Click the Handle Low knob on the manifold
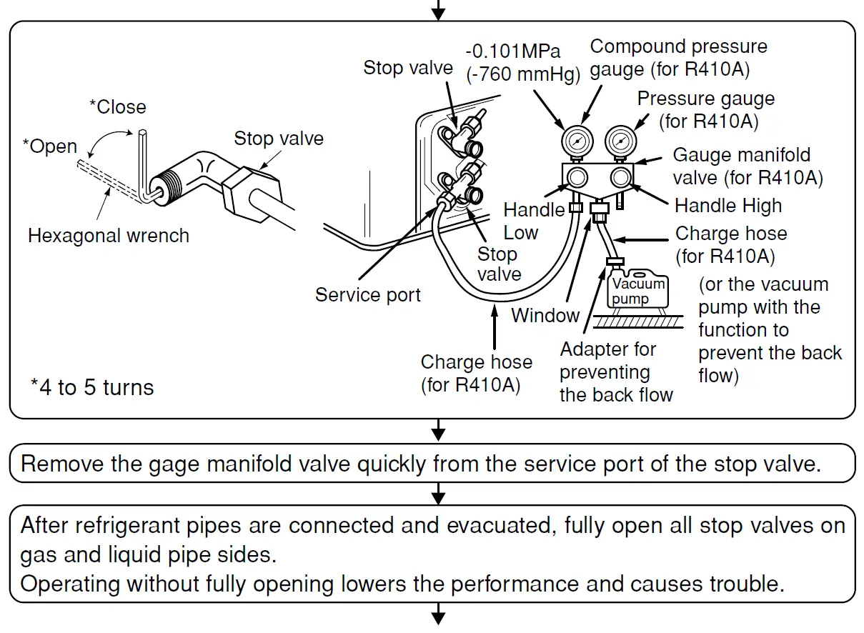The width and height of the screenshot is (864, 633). (577, 176)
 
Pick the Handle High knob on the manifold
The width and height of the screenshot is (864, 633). (620, 176)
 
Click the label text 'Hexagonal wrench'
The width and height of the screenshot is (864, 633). (109, 236)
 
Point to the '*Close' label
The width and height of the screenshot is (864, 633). (117, 107)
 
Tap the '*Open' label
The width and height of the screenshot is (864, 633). (49, 146)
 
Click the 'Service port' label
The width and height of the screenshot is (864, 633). (368, 294)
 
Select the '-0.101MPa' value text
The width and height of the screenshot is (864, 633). (513, 51)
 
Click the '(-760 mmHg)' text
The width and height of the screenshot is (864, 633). (522, 74)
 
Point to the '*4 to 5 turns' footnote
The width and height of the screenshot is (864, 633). (92, 388)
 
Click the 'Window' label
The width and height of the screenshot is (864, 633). (545, 315)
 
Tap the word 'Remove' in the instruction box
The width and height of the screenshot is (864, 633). (61, 464)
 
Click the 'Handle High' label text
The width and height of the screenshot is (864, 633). (728, 206)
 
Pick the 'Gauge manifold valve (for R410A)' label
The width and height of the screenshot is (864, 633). (748, 166)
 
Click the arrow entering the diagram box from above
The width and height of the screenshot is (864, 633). (439, 11)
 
